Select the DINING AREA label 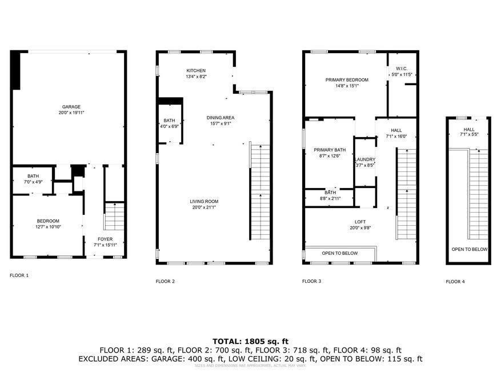point(221,118)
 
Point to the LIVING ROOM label point(204,201)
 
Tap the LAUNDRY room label point(364,159)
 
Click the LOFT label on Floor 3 point(360,222)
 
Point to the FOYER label point(105,239)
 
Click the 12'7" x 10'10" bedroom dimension point(49,227)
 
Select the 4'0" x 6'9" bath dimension point(170,126)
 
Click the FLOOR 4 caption point(455,282)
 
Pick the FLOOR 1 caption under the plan point(19,275)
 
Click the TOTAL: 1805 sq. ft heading point(250,341)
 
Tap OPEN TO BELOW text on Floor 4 point(470,249)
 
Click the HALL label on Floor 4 point(469,130)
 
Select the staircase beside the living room point(260,191)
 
